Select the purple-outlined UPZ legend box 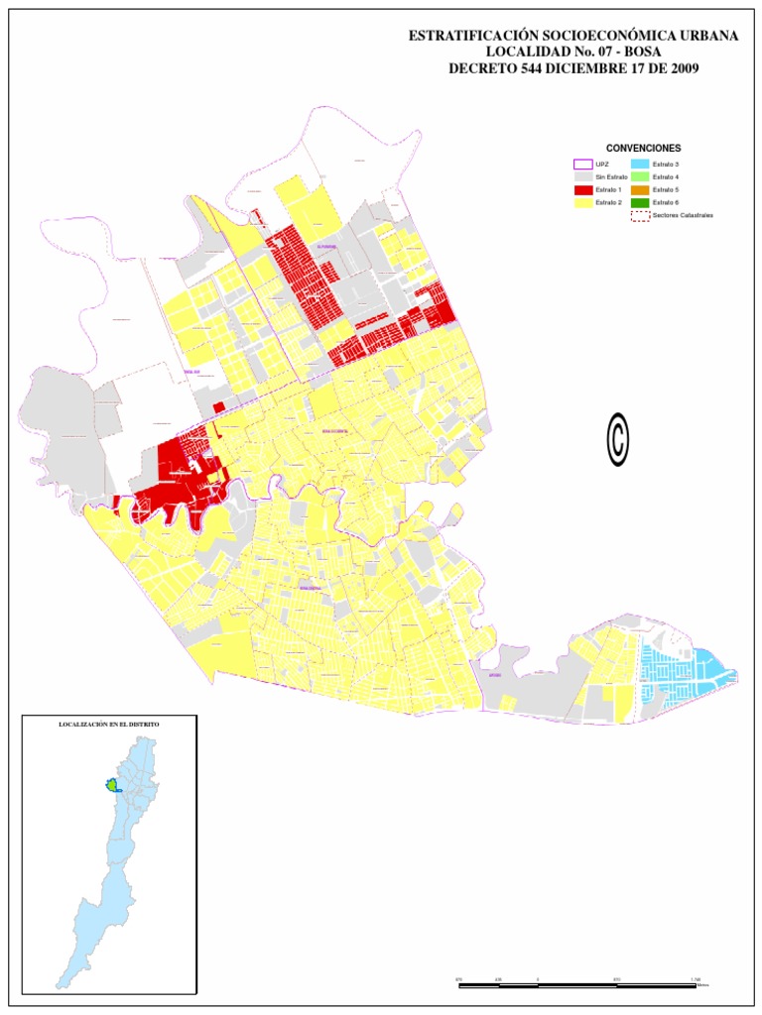click(583, 164)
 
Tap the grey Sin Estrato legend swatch click(583, 176)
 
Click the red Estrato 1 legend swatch click(583, 189)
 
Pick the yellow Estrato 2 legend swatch click(583, 202)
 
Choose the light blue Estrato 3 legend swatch click(640, 164)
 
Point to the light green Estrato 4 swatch click(640, 176)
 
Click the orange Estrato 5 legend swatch click(640, 189)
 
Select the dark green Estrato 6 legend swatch click(640, 202)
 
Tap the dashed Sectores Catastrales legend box click(640, 215)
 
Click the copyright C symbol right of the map click(618, 439)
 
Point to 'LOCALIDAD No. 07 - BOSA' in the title click(573, 52)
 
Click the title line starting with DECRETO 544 click(573, 68)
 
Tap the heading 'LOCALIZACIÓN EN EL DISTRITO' click(109, 725)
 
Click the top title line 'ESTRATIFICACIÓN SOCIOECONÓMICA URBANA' click(573, 36)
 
